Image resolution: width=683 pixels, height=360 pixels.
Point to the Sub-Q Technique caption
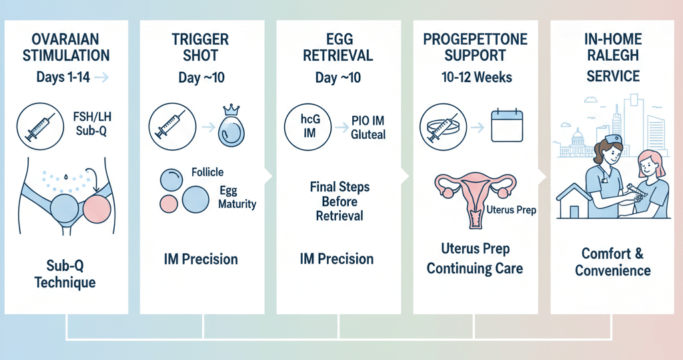tap(65, 274)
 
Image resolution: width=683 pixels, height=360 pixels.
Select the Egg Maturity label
tap(237, 197)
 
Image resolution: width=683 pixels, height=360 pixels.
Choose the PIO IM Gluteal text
tap(368, 127)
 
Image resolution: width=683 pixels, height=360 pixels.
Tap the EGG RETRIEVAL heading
tap(337, 47)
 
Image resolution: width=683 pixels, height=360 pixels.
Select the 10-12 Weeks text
tap(476, 77)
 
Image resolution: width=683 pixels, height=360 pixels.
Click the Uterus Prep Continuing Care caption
tap(475, 259)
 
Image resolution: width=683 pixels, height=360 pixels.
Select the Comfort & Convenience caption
tap(613, 262)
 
